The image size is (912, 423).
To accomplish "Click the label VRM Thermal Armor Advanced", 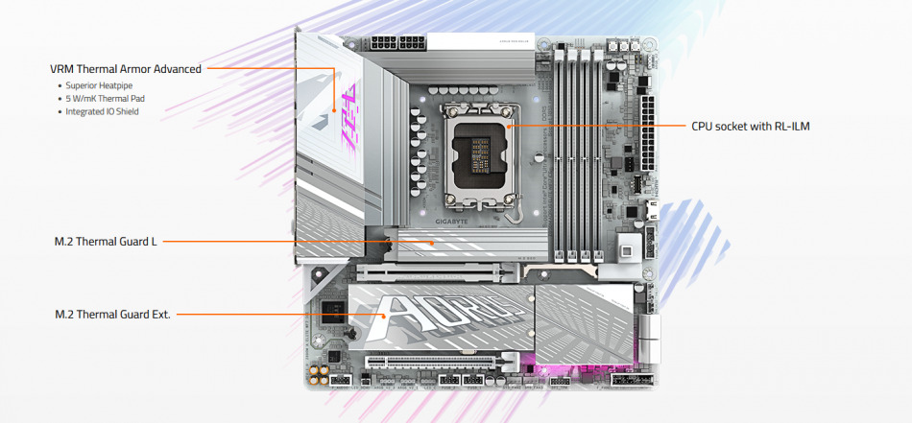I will coord(125,69).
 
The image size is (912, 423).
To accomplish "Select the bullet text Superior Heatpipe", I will coord(99,85).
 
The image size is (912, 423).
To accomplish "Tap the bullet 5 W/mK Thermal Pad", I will coord(105,99).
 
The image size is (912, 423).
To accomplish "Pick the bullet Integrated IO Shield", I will coord(102,111).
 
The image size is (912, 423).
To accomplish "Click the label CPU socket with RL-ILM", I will coord(751,126).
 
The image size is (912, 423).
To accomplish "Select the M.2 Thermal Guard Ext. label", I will coord(112,314).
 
